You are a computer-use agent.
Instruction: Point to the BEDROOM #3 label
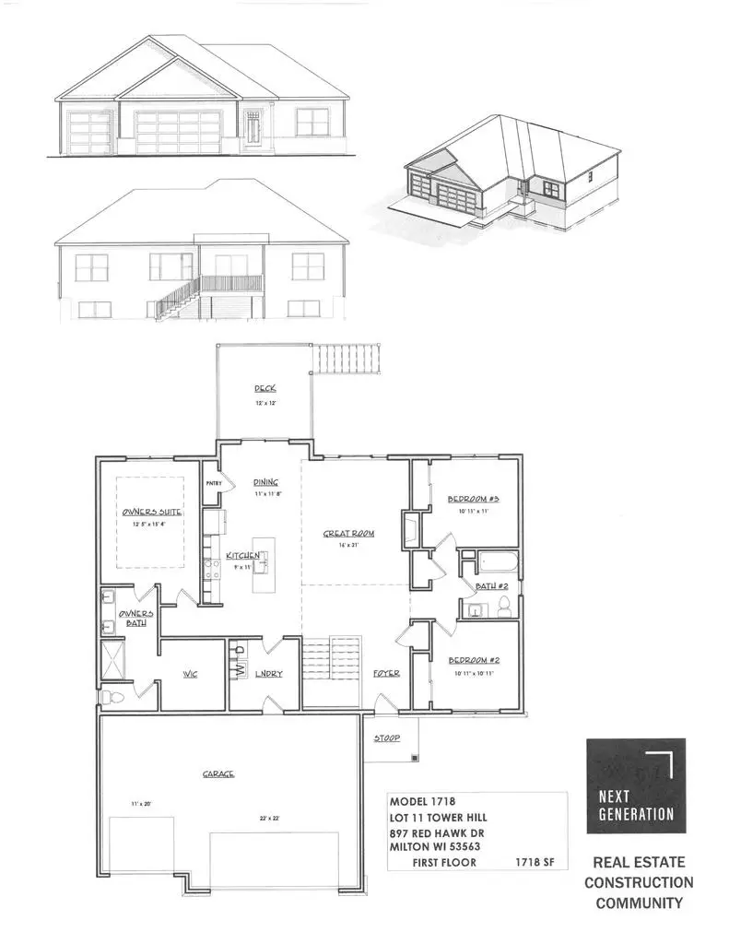pyautogui.click(x=474, y=499)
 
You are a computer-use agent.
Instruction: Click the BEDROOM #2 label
pyautogui.click(x=474, y=661)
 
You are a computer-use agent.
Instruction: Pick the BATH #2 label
pyautogui.click(x=488, y=586)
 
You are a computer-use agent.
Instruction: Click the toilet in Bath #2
pyautogui.click(x=504, y=606)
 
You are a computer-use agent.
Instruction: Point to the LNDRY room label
pyautogui.click(x=269, y=674)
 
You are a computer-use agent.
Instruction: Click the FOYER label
pyautogui.click(x=386, y=674)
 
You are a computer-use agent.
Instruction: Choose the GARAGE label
pyautogui.click(x=218, y=774)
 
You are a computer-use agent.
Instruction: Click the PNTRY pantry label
pyautogui.click(x=213, y=483)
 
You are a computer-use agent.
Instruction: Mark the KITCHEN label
pyautogui.click(x=243, y=556)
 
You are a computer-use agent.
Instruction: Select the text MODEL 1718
pyautogui.click(x=423, y=801)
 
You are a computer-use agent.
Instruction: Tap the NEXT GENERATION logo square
pyautogui.click(x=636, y=785)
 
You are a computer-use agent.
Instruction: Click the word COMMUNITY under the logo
pyautogui.click(x=639, y=903)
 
